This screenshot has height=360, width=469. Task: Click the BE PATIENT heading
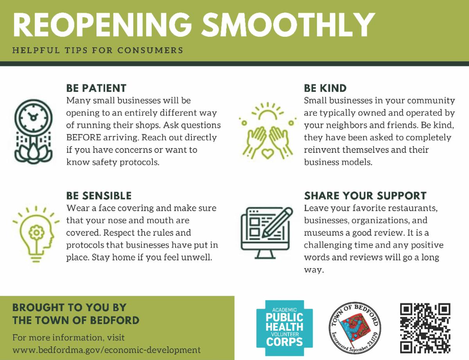(96, 88)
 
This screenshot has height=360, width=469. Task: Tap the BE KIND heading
(325, 88)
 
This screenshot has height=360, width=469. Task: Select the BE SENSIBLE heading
(99, 196)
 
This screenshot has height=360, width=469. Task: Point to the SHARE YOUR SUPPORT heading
(365, 196)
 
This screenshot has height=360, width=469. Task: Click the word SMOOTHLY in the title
(288, 25)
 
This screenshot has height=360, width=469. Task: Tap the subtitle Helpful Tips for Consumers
(98, 50)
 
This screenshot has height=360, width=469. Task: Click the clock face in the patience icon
(34, 118)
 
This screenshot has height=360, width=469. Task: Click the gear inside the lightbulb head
(37, 233)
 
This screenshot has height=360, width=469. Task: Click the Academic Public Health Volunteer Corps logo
(285, 328)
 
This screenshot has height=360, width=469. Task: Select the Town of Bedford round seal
(354, 328)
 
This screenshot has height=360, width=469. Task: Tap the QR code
(425, 328)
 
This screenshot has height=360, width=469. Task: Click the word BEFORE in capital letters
(84, 138)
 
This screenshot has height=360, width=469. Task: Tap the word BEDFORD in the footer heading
(115, 320)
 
